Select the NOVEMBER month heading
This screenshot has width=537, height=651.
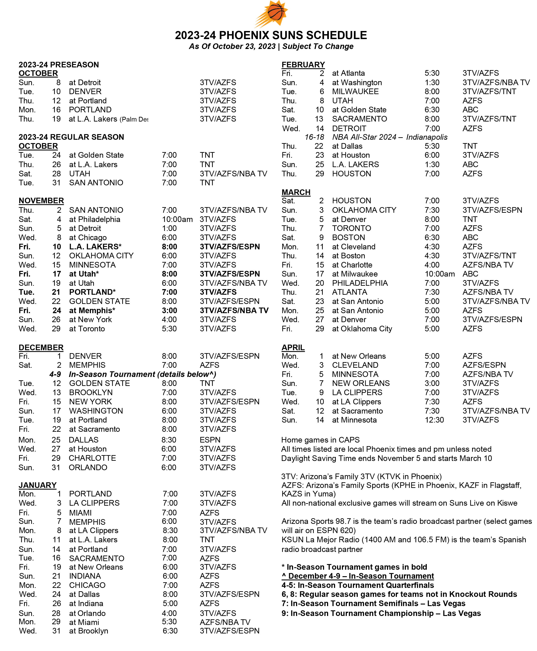click(x=41, y=201)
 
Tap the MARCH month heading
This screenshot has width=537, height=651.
click(x=296, y=192)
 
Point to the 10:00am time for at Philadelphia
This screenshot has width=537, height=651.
click(x=177, y=219)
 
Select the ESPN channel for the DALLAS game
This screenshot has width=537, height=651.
click(x=210, y=440)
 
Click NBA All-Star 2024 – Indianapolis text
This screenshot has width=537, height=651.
click(x=390, y=137)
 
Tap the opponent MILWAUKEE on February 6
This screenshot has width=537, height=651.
click(x=355, y=92)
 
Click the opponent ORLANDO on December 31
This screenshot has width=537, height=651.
click(x=88, y=467)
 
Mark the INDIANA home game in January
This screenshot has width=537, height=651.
click(x=85, y=576)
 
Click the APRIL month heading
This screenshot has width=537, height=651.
click(x=293, y=348)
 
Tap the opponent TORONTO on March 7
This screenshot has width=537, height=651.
click(x=351, y=228)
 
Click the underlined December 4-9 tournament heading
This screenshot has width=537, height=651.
click(x=358, y=576)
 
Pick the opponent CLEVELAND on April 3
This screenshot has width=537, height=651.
click(x=355, y=365)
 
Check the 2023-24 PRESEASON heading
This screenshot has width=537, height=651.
click(x=59, y=65)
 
